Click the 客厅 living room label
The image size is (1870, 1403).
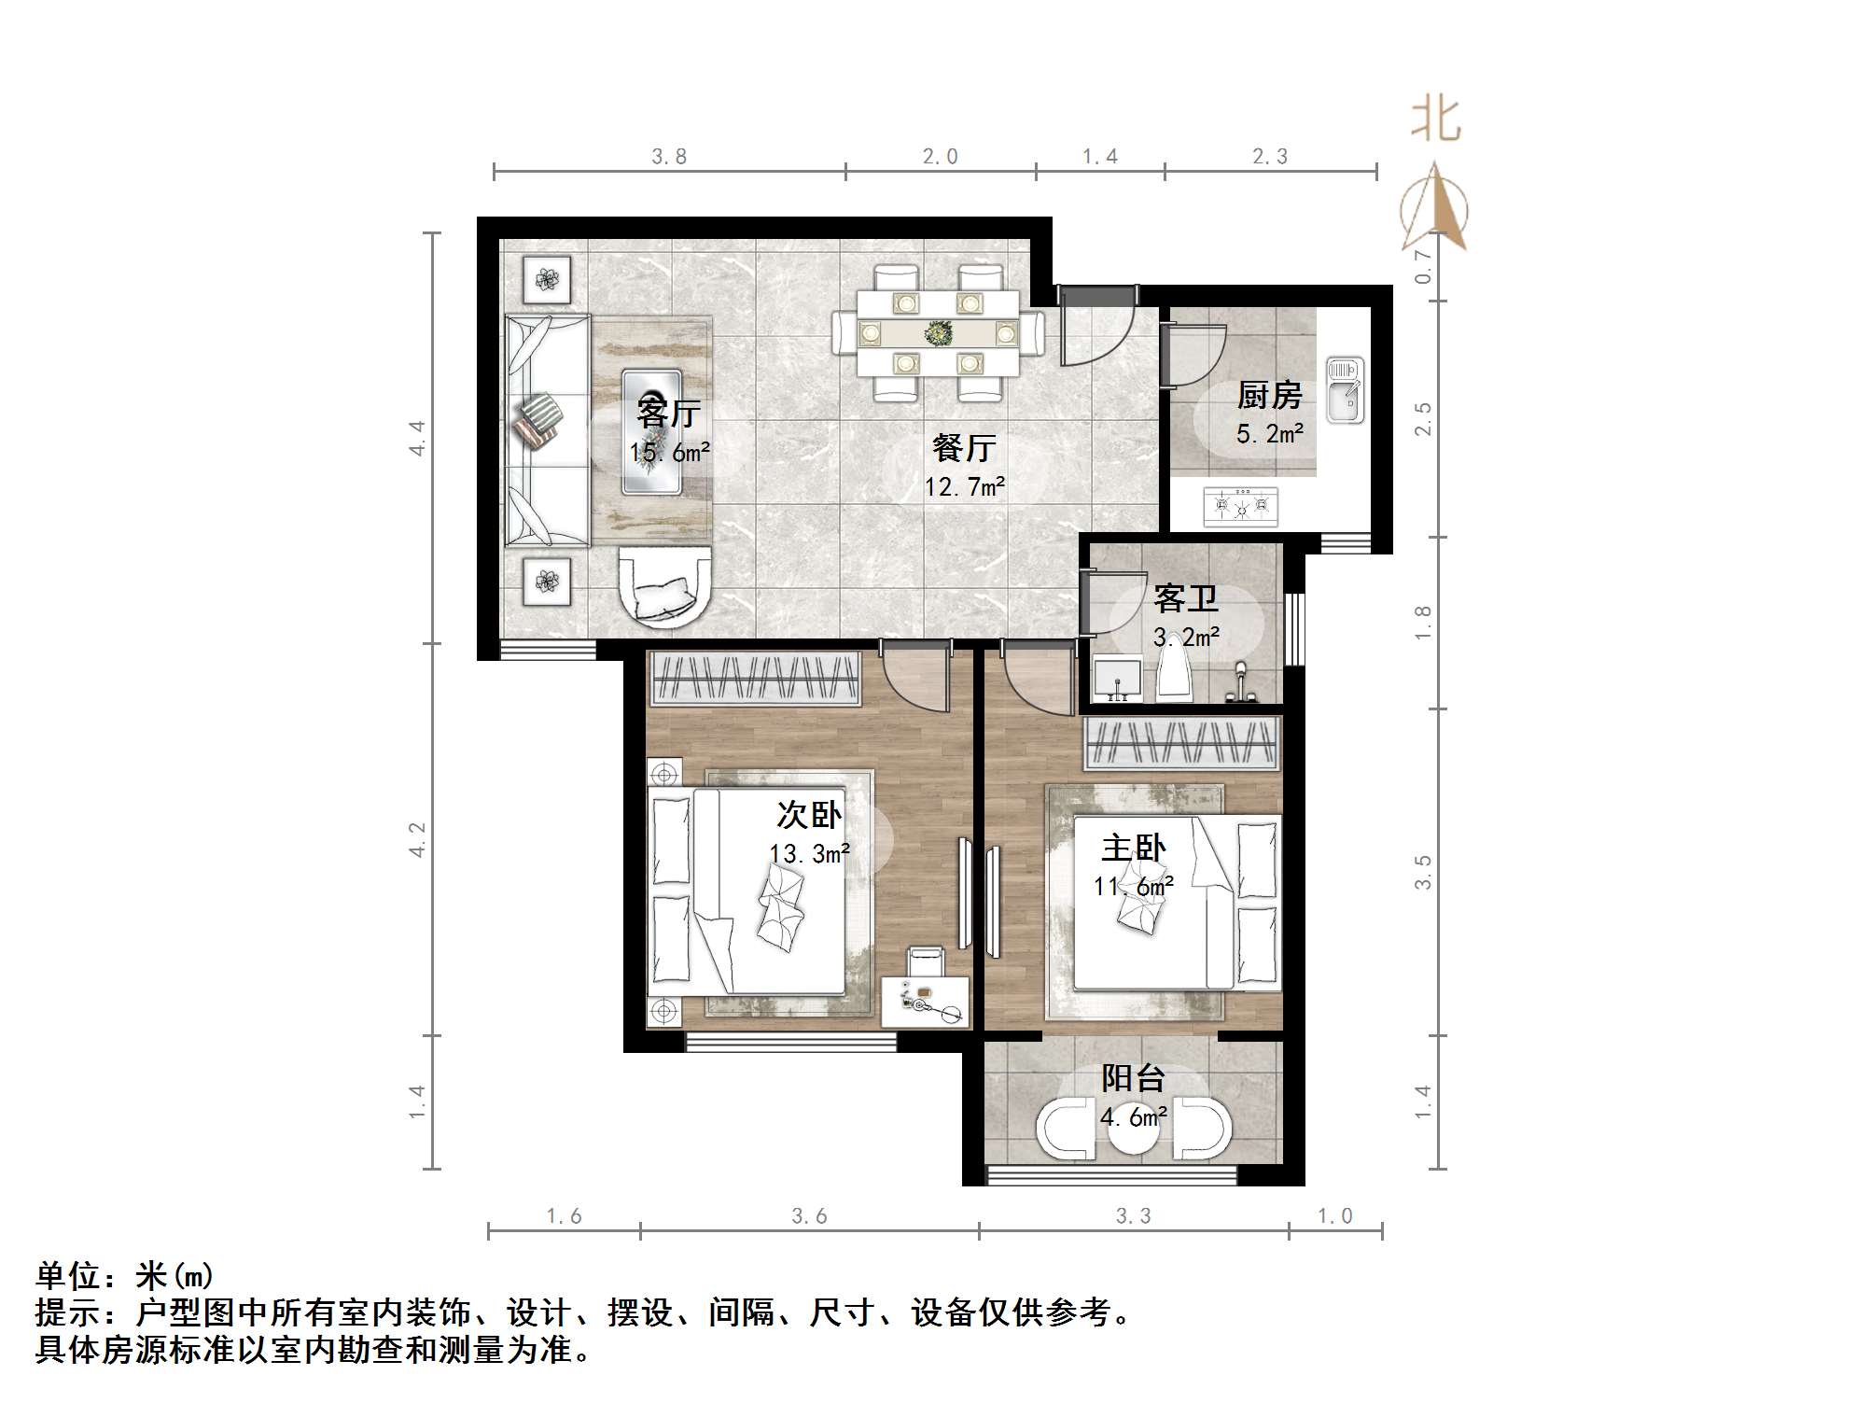pos(668,412)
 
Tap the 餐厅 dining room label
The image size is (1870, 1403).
pos(964,448)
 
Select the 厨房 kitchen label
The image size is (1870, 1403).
pos(1269,396)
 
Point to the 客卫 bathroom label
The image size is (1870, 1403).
pos(1186,598)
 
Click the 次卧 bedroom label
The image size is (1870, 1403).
pos(809,815)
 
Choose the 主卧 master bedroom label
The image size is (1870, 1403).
pos(1133,849)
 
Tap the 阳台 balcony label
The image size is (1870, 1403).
pos(1133,1079)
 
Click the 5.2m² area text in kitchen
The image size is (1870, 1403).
pos(1269,433)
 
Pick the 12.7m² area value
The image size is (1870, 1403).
pos(964,486)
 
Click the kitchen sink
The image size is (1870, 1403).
pos(1345,389)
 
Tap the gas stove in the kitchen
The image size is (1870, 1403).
pos(1241,507)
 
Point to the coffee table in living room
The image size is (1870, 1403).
pos(651,431)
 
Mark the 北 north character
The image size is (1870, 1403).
pos(1435,120)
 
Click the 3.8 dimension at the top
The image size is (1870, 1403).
pos(669,157)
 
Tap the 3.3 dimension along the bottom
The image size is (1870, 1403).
pos(1133,1216)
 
